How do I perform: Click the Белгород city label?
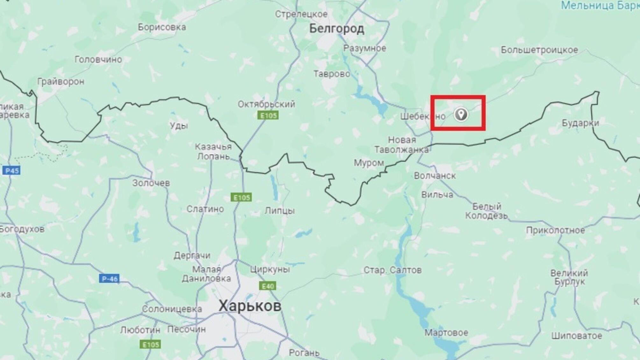click(x=337, y=29)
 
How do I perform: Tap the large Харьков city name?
click(x=250, y=306)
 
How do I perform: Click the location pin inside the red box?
click(x=461, y=114)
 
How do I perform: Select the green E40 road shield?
click(x=268, y=286)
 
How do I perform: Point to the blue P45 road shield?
click(x=12, y=170)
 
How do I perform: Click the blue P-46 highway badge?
click(x=109, y=279)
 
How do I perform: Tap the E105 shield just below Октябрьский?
click(x=268, y=115)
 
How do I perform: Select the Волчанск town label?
click(x=435, y=176)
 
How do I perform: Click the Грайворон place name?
click(x=61, y=82)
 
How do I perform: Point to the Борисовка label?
click(x=162, y=27)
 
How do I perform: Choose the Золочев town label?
click(x=151, y=183)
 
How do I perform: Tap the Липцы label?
click(x=280, y=211)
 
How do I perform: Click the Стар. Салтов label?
click(x=393, y=270)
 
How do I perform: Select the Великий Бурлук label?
click(x=569, y=277)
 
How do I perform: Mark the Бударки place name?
click(x=580, y=123)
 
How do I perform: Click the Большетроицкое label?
click(x=539, y=50)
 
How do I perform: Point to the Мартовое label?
click(x=446, y=333)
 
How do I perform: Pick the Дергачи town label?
click(x=192, y=256)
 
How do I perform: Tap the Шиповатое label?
click(x=577, y=336)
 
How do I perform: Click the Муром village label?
click(x=369, y=163)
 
